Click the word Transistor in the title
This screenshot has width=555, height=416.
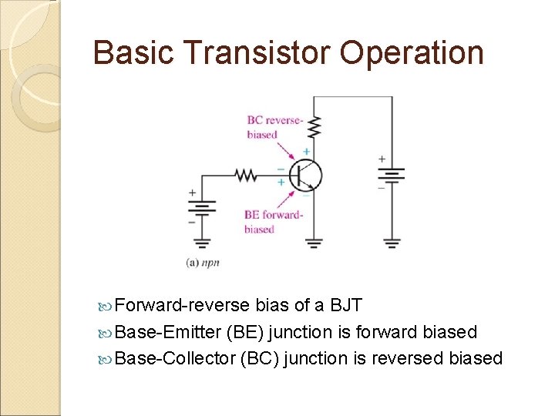(x=259, y=52)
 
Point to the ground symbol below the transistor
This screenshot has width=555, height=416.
(x=314, y=243)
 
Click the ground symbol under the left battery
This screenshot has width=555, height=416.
(x=203, y=243)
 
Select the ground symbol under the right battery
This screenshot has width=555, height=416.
(x=392, y=243)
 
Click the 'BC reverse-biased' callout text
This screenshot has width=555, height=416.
(x=274, y=127)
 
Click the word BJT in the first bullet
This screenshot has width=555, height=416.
(x=346, y=305)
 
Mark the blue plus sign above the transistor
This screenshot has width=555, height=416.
(x=306, y=152)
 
